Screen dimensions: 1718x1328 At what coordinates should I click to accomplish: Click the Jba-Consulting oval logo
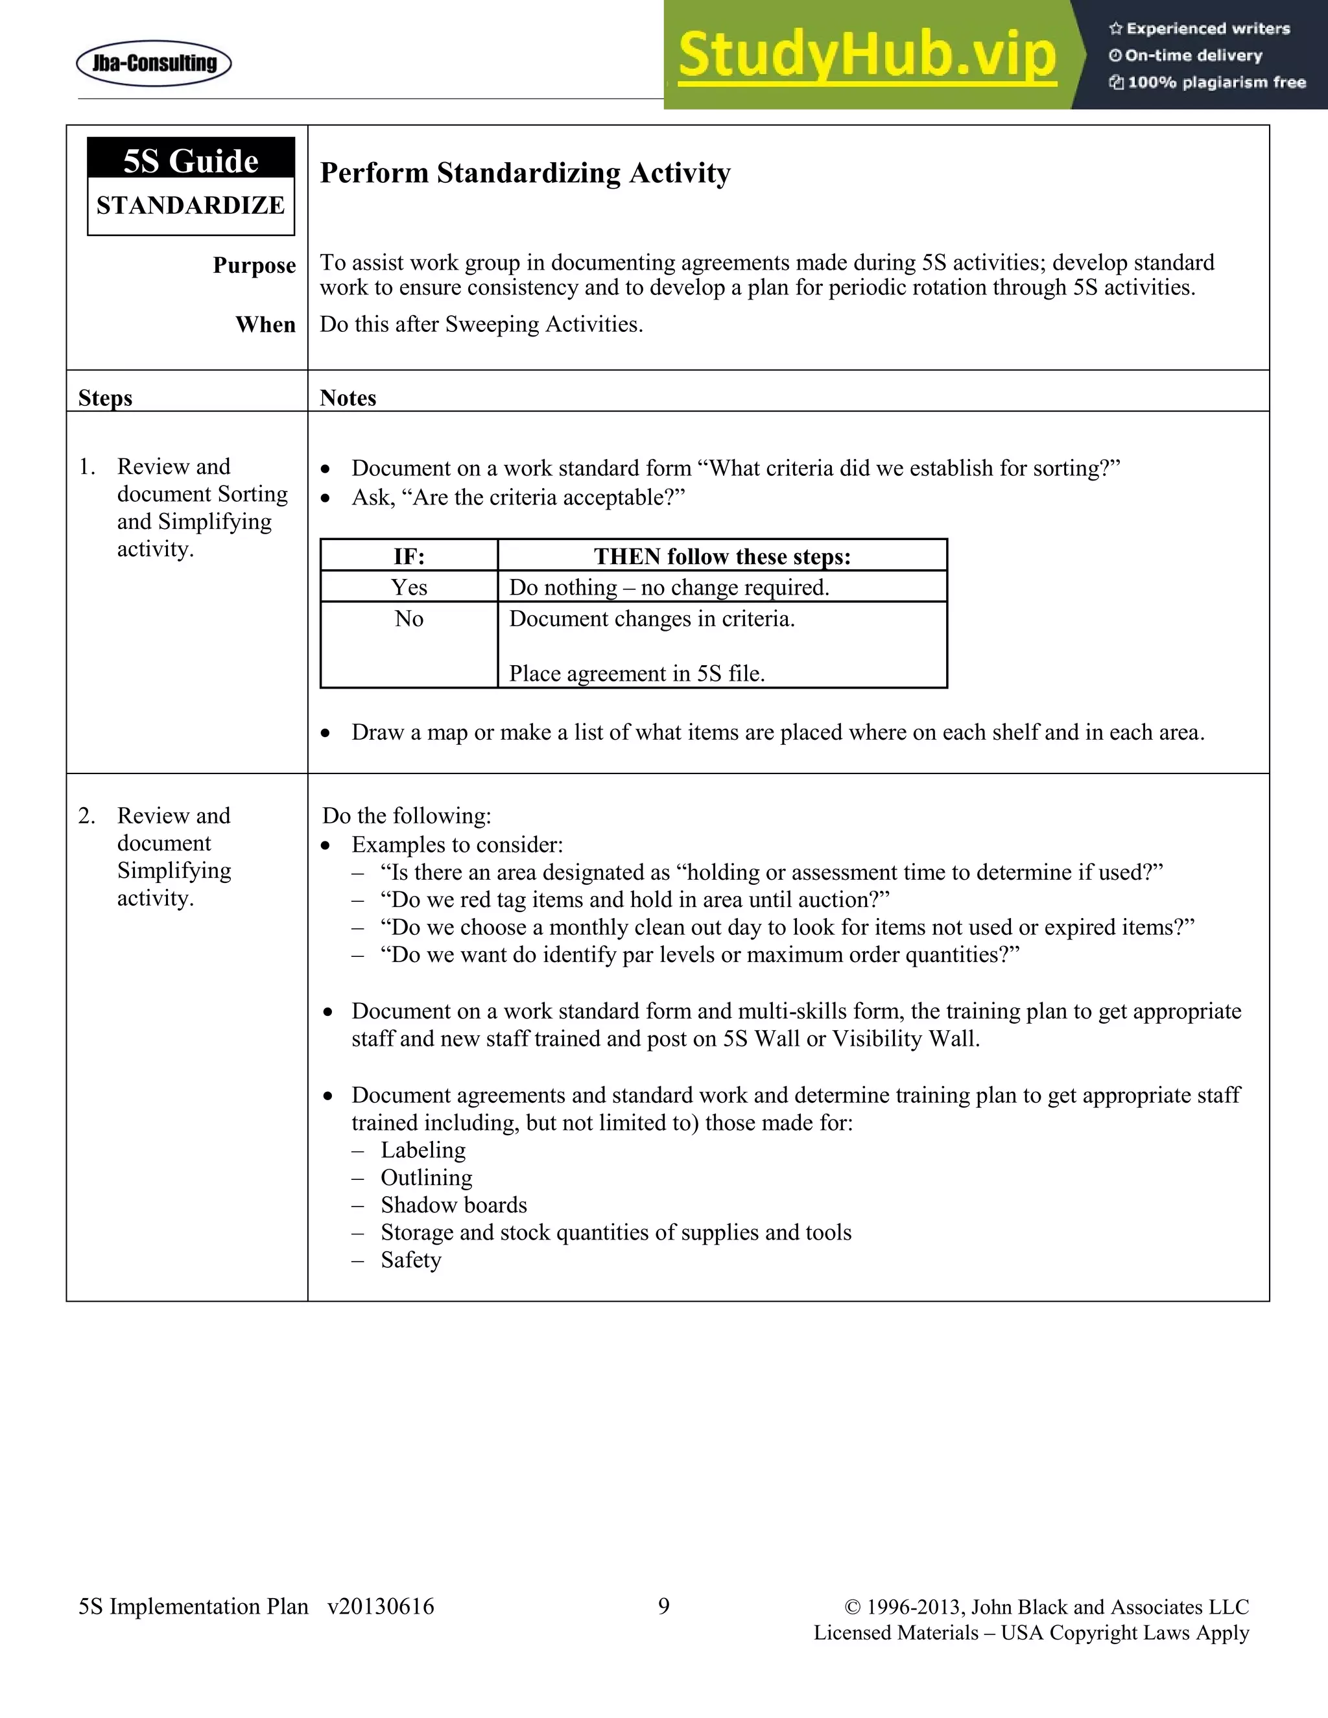coord(154,63)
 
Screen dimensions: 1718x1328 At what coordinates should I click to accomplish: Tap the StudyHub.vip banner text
coord(866,55)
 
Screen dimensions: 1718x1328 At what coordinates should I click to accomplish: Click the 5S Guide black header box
coord(191,159)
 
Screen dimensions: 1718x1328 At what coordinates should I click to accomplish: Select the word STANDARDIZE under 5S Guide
coord(191,206)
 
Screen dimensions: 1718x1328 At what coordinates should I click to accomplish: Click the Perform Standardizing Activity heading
coord(525,173)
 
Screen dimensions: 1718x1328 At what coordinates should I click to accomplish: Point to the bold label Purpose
coord(254,265)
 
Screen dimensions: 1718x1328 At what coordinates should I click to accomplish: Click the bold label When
coord(265,324)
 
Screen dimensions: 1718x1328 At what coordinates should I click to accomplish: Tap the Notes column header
coord(348,397)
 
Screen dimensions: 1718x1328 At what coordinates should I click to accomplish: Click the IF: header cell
coord(409,556)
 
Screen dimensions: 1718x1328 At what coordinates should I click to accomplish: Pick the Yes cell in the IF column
coord(409,587)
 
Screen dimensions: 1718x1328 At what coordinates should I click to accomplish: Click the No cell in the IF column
coord(409,618)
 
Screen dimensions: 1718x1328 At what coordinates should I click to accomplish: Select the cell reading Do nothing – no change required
coord(669,587)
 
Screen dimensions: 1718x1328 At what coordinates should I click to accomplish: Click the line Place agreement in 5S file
coord(637,674)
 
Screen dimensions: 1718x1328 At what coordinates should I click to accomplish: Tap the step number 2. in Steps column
coord(86,816)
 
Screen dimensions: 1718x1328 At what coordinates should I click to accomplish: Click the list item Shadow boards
coord(454,1205)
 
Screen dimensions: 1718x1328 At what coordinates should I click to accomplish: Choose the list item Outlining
coord(427,1177)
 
